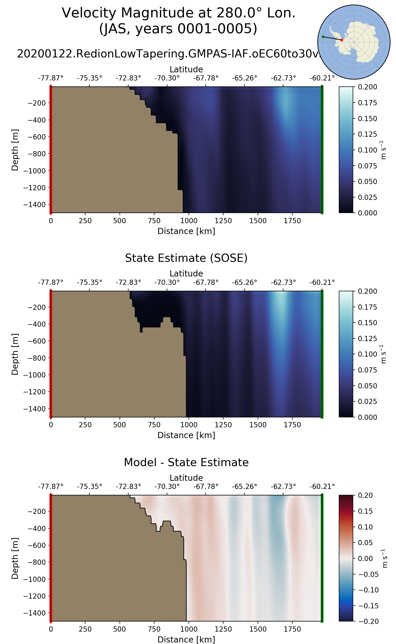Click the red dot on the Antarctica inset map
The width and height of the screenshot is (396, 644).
pos(342,40)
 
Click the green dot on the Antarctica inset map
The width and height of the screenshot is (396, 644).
pos(323,37)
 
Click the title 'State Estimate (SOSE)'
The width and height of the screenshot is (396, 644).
pos(186,258)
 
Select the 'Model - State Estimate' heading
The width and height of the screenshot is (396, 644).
pos(186,462)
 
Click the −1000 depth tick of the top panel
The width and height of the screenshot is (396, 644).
pos(34,171)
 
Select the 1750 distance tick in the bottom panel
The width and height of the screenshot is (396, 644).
pos(292,629)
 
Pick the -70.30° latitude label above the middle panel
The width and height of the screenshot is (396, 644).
pos(167,283)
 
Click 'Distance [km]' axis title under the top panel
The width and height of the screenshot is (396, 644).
pos(186,231)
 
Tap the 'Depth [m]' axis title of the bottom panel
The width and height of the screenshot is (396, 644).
pos(15,558)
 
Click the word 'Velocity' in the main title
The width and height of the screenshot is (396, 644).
pos(89,13)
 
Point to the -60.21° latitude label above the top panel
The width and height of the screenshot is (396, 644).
pos(322,78)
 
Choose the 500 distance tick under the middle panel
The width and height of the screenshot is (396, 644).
pos(120,425)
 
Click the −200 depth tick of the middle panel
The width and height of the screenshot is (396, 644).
pos(36,307)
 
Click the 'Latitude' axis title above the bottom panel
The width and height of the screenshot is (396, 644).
pos(186,478)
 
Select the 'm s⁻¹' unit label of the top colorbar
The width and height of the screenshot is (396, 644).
pos(383,150)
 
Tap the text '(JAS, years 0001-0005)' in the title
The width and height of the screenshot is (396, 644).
pos(178,28)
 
